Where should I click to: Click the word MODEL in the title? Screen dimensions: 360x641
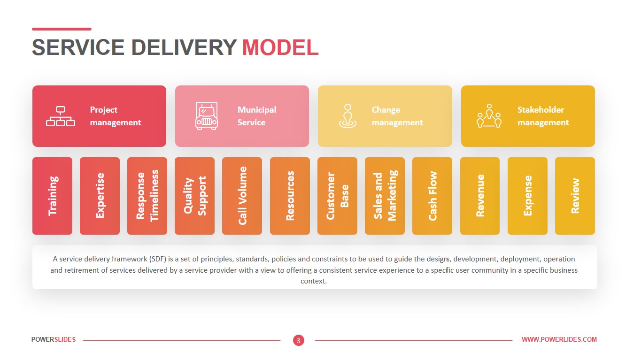pos(280,47)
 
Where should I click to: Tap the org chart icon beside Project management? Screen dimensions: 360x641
pos(61,116)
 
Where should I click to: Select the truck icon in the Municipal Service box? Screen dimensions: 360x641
pos(207,116)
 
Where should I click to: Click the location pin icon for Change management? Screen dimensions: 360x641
pos(348,116)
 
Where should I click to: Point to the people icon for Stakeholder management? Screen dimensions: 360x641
pos(489,116)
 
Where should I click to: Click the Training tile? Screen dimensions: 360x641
pos(52,196)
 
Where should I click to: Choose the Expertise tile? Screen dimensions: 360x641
pos(100,196)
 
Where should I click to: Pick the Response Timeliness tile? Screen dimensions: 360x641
pos(147,196)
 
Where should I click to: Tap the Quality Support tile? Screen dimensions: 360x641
pos(194,196)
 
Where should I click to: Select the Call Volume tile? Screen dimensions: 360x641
pos(242,196)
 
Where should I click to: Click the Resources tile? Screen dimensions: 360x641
pos(290,196)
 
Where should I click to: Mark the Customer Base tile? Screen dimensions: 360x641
pos(337,196)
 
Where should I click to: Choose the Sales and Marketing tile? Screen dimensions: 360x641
pos(385,196)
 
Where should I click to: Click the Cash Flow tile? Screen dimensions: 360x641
pos(432,196)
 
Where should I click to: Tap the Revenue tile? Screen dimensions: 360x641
pos(480,196)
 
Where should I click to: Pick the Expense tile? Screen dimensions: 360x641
pos(527,196)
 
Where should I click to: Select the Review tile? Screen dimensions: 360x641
pos(575,196)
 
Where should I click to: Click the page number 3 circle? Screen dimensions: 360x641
pos(299,340)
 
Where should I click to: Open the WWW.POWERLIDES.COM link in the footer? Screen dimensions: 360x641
pos(559,339)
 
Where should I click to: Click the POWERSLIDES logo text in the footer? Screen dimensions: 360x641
pos(54,339)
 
